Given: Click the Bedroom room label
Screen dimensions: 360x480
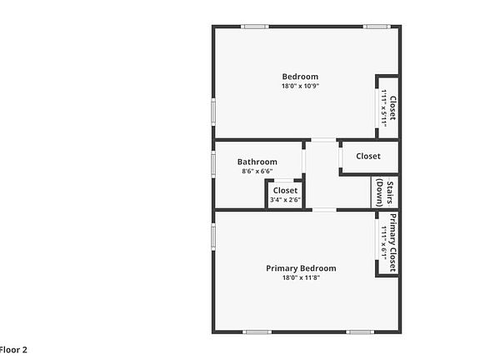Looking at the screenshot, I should click(300, 77).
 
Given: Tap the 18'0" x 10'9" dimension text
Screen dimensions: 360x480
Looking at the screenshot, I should click(300, 86).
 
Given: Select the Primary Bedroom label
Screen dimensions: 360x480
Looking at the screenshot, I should click(301, 268).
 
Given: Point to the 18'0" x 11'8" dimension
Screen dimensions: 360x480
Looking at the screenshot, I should click(301, 277).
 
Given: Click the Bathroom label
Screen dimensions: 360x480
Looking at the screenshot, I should click(257, 162).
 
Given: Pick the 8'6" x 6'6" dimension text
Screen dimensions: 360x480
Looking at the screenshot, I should click(257, 172).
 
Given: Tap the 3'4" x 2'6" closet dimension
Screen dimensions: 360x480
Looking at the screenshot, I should click(285, 200).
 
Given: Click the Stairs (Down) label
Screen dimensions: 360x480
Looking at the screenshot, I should click(384, 192).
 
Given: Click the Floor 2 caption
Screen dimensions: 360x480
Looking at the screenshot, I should click(13, 350).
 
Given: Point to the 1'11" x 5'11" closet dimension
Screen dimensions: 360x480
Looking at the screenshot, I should click(383, 108).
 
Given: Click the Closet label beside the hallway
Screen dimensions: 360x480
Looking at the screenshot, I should click(368, 156).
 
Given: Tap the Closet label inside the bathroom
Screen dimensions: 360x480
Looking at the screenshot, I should click(285, 191).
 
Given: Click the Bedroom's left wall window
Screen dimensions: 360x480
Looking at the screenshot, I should click(213, 111).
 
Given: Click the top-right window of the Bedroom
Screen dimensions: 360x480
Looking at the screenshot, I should click(377, 27).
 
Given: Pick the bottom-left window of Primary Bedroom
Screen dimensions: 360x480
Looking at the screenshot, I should click(257, 332).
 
